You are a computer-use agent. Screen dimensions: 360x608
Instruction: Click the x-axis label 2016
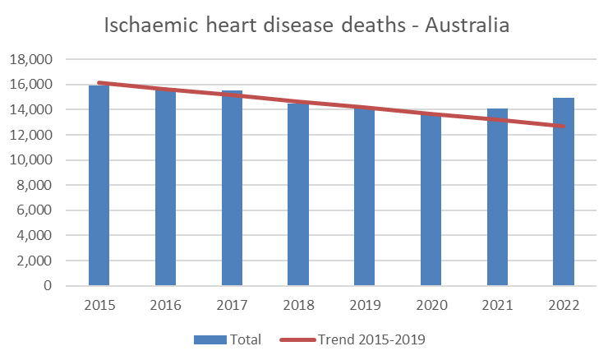tap(165, 305)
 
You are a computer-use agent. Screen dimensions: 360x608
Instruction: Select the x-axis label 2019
tap(364, 305)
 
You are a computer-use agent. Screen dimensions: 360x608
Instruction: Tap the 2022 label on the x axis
tap(564, 305)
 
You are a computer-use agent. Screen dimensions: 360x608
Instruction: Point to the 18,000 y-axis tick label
tap(30, 59)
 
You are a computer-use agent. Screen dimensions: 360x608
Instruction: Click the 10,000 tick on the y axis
tap(30, 160)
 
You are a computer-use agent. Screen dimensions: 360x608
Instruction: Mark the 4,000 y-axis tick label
tap(34, 236)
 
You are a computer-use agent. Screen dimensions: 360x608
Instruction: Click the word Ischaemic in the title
tap(154, 26)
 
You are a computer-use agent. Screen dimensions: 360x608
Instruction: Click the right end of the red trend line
tap(563, 126)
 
